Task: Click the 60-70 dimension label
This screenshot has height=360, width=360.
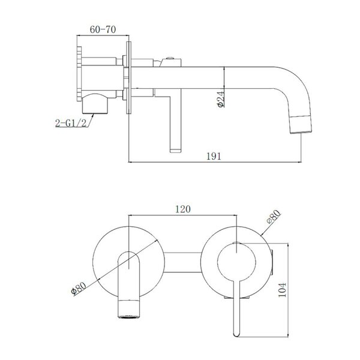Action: coord(103,29)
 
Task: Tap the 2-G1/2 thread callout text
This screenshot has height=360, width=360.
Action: coord(71,123)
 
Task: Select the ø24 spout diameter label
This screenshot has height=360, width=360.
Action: coord(220,99)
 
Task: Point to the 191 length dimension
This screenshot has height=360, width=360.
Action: coord(214,156)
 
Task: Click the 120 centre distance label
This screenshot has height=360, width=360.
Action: coord(183,209)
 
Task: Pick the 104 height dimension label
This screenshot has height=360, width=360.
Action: coord(283,290)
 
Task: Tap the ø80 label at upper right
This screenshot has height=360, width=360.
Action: coord(274,217)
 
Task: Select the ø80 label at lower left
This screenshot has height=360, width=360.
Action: coord(79,289)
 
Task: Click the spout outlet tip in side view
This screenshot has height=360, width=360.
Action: coord(301,131)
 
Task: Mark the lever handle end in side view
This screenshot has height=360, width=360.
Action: coord(175,150)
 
